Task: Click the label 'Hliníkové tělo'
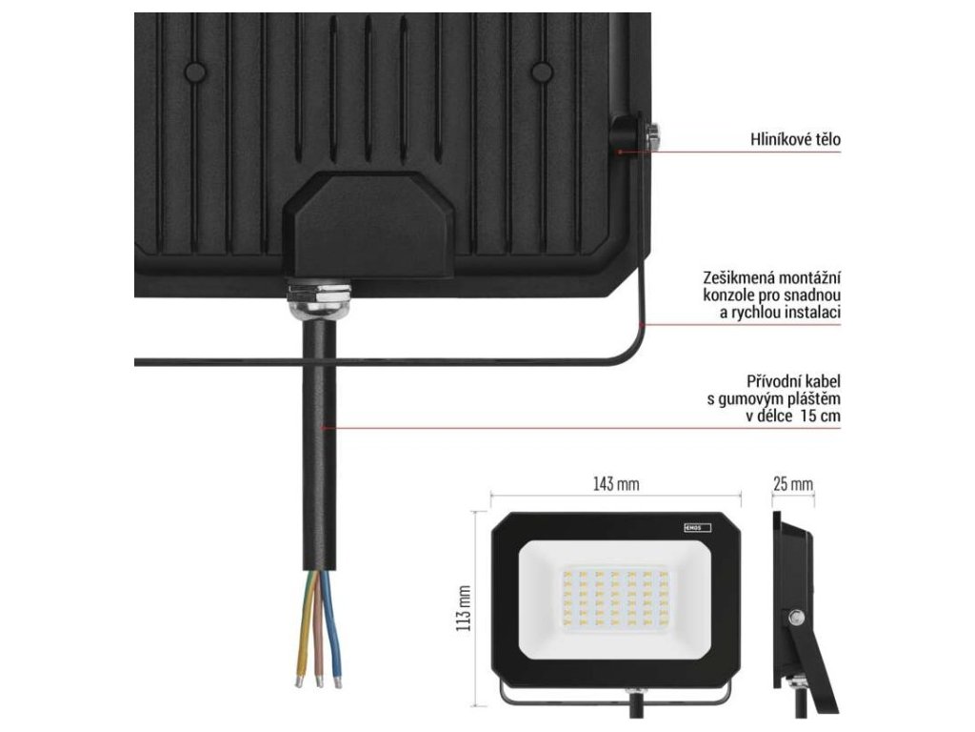click(x=795, y=140)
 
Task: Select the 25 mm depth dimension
click(x=792, y=484)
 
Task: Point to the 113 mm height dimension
click(x=465, y=609)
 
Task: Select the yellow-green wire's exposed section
click(x=304, y=628)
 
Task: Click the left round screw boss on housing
click(x=195, y=71)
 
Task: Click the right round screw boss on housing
click(x=542, y=71)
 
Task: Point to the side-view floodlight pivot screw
click(x=795, y=618)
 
